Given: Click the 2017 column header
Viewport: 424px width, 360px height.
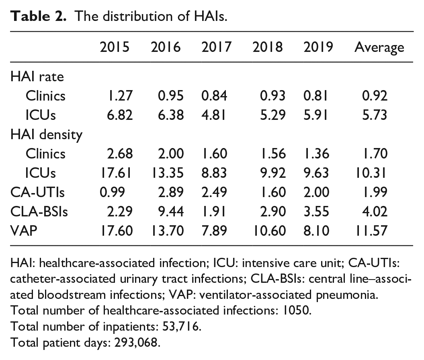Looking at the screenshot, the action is (216, 47).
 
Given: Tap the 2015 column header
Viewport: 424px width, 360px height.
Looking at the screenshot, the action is (115, 47).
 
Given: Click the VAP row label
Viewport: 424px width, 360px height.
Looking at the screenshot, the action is (24, 231).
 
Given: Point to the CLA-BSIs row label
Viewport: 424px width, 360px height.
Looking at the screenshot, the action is (39, 212).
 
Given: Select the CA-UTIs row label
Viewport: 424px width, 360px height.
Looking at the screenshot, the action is (37, 192).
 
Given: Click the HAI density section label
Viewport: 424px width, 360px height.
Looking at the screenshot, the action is (46, 135).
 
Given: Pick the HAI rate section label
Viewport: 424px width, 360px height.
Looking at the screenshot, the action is (37, 76).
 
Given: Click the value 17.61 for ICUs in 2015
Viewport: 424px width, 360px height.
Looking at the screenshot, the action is (116, 173).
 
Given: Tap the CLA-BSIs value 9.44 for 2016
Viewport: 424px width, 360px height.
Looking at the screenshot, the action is (171, 212).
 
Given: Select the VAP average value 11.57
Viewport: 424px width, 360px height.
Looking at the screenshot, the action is (371, 231).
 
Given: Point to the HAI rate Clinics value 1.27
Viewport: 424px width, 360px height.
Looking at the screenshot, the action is (120, 96).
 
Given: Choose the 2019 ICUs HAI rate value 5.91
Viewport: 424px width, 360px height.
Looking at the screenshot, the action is (316, 115).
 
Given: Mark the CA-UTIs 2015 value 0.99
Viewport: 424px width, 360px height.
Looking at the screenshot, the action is (112, 192).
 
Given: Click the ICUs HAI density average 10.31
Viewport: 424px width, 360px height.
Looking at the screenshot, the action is (371, 173).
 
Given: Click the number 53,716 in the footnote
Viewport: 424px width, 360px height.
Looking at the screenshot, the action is (181, 327).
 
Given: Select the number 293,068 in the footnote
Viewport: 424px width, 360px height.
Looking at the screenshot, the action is (137, 343).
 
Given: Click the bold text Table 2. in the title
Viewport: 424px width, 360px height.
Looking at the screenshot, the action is (38, 16).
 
